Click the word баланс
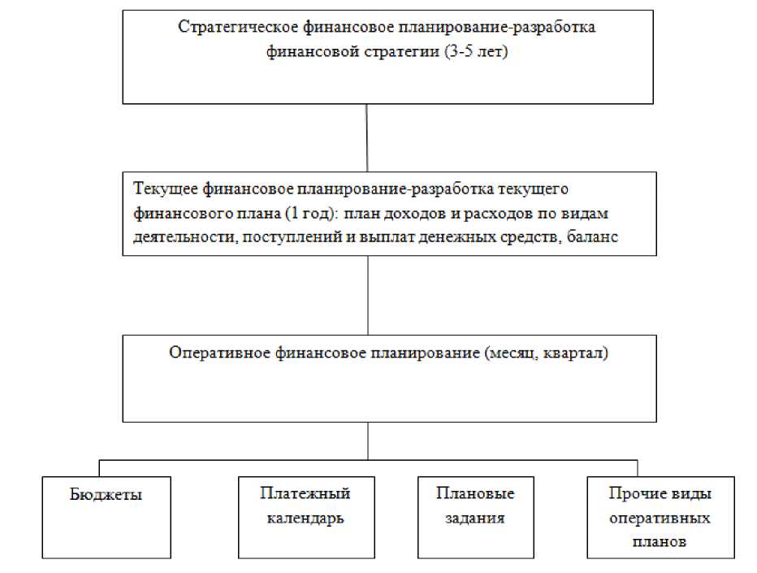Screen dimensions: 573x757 pos(595,237)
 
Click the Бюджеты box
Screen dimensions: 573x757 pos(106,517)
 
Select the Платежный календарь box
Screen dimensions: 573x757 pos(305,517)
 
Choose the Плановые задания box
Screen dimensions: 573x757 pos(476,517)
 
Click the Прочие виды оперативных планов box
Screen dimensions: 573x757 pos(660,517)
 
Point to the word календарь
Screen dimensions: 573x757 pos(305,518)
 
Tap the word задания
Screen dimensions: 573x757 pos(475,518)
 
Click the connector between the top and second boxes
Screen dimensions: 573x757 pos(368,138)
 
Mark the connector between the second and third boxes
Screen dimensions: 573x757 pos(368,295)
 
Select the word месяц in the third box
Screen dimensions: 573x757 pos(517,354)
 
